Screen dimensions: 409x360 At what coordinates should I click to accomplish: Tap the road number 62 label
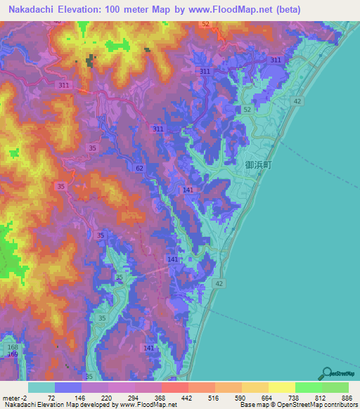click(x=139, y=168)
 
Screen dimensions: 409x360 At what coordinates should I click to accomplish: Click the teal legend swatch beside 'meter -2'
click(x=41, y=387)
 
